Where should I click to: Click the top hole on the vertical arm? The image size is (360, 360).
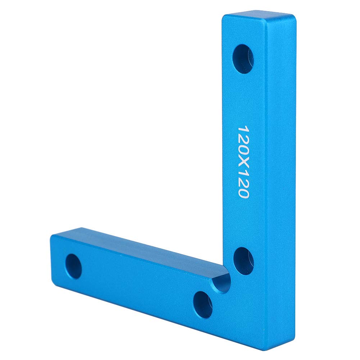pos(243,59)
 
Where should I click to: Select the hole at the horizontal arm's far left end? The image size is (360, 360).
pos(73,266)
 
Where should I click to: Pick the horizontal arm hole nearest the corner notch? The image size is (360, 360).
pos(202,305)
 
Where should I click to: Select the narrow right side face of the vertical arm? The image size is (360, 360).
pos(281,180)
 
